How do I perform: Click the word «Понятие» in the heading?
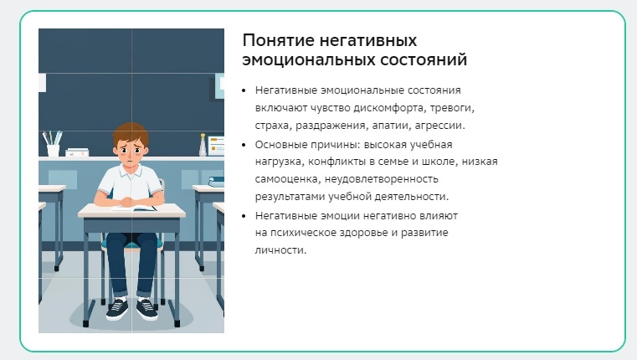coord(278,40)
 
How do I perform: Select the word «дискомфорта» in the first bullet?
coord(388,108)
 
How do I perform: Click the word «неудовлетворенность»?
coord(382,179)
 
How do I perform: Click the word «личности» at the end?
coord(280,249)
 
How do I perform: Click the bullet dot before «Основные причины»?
coord(244,145)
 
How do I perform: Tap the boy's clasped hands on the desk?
coord(126,202)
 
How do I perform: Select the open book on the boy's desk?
coord(135,208)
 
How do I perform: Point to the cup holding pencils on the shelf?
coord(53,150)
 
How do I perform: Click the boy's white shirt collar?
coord(131,171)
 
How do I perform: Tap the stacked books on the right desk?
coord(217,182)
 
